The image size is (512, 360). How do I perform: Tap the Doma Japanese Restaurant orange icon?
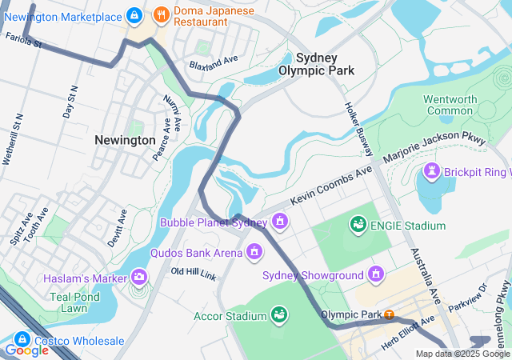tap(161, 14)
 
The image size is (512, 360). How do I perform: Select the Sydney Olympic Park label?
tap(316, 64)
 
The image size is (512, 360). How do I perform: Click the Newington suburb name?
tap(125, 140)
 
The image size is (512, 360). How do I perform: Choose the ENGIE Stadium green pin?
tap(357, 226)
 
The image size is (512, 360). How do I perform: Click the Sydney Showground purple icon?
tap(376, 276)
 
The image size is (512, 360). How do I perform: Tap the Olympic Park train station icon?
tap(389, 314)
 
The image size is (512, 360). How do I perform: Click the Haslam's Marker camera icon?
tap(140, 278)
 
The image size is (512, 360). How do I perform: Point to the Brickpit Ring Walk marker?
tap(433, 171)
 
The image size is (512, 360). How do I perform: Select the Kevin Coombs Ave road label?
tap(332, 185)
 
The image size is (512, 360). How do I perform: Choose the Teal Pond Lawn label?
tap(78, 302)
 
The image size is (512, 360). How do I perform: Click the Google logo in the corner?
tap(26, 350)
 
